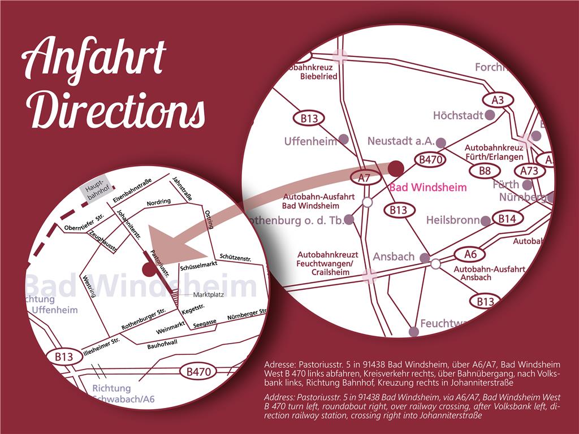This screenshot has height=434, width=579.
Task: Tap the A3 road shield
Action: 498,100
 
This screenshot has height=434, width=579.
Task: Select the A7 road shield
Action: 364,177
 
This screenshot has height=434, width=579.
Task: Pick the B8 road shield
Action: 485,171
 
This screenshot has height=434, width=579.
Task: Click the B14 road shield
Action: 507,219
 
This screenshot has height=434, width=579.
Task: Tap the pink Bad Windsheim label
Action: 428,187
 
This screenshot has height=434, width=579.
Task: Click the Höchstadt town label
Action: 458,115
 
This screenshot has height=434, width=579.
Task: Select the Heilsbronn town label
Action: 453,220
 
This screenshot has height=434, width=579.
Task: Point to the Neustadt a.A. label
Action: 400,141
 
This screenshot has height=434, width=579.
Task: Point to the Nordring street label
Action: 158,202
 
